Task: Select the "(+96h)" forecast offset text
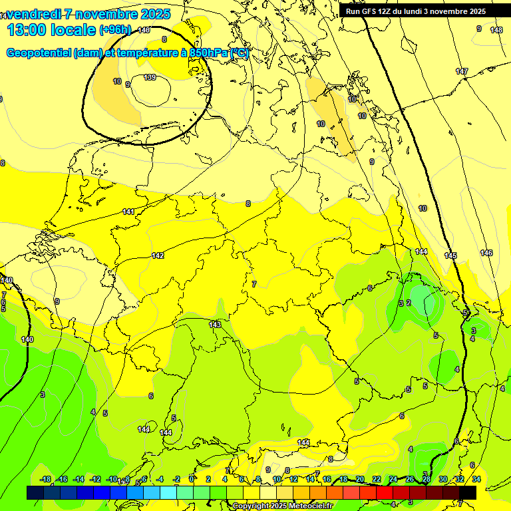pos(115,30)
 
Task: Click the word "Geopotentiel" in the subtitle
pos(38,53)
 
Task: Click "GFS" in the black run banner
pos(372,11)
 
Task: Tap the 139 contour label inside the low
pos(150,78)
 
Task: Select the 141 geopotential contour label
pos(128,212)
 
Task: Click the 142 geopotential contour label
pos(158,255)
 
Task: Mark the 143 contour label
pos(215,325)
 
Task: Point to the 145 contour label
pos(450,255)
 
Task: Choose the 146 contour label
pos(486,253)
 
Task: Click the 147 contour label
pos(462,71)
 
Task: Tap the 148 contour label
pos(496,30)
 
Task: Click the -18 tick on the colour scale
pos(45,479)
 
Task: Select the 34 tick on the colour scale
pos(476,479)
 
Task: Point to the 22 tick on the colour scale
pos(377,479)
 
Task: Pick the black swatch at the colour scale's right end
pos(468,492)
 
